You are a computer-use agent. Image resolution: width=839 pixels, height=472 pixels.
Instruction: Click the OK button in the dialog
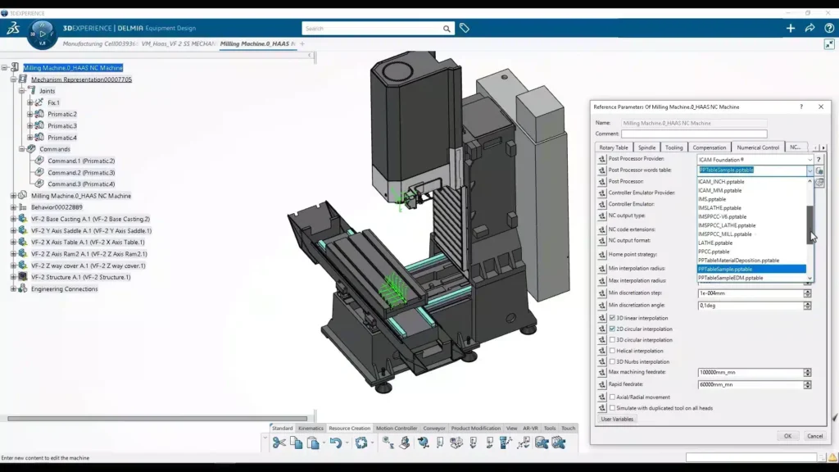[x=787, y=436]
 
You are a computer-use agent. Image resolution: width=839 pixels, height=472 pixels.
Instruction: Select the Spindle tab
[x=646, y=147]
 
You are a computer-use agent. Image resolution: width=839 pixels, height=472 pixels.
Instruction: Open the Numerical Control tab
[x=758, y=147]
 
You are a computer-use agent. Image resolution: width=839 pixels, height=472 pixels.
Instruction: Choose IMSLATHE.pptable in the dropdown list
[x=720, y=208]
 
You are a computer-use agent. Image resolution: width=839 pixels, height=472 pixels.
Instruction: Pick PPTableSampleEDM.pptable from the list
[x=730, y=278]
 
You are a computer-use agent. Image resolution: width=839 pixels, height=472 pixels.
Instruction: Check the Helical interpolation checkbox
[x=612, y=351]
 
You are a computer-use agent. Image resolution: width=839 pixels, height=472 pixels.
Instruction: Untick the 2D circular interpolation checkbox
[x=612, y=329]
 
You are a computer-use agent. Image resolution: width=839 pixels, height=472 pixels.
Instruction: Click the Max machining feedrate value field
[x=749, y=373]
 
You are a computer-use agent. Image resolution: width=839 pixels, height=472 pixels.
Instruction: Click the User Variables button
[x=617, y=419]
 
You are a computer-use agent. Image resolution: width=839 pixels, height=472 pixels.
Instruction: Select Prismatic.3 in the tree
[x=62, y=126]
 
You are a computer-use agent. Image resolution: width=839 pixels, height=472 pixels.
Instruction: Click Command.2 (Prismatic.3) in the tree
[x=81, y=173]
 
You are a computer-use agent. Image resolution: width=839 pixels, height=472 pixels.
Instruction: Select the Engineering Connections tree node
[x=64, y=289]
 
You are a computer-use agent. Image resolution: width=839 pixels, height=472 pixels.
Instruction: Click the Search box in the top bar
[x=372, y=29]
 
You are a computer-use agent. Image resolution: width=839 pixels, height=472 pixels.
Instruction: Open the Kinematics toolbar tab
[x=311, y=429]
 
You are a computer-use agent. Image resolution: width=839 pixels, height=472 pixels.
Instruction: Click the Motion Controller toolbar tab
[x=397, y=429]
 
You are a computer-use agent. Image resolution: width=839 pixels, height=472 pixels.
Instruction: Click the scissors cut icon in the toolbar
[x=279, y=443]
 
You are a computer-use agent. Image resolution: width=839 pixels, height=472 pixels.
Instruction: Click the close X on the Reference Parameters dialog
[x=821, y=107]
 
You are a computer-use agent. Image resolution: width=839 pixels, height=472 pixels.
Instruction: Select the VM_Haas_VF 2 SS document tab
[x=178, y=43]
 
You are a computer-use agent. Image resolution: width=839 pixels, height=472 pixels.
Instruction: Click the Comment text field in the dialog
[x=694, y=134]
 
